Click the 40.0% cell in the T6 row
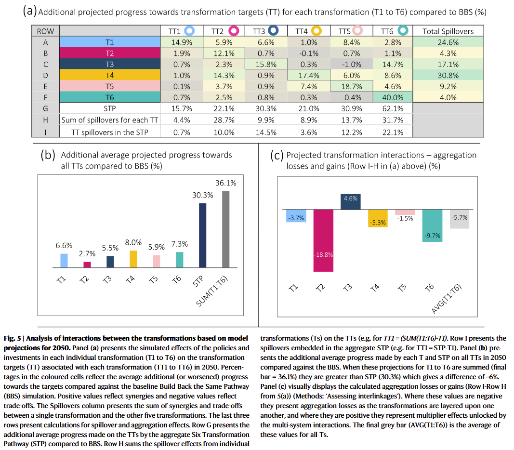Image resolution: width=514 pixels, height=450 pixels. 393,97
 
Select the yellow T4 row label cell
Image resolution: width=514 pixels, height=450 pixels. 110,75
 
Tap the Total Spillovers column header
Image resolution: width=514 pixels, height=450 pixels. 448,31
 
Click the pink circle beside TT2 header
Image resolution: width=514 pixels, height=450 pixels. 234,31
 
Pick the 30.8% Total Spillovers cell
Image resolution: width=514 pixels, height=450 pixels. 448,75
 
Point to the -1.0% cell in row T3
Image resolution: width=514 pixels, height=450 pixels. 351,64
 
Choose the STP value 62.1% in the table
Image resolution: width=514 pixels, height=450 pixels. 393,108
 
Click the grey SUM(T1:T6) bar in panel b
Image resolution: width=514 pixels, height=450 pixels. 226,229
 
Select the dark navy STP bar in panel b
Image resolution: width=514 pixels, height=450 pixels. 203,236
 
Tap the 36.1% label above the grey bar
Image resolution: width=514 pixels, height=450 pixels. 225,183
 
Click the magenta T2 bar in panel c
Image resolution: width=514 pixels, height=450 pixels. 323,241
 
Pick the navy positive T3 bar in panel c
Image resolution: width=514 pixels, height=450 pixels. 350,202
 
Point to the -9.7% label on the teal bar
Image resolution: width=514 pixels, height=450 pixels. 433,236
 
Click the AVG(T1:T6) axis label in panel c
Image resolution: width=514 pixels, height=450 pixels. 446,299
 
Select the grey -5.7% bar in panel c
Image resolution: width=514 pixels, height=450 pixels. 459,219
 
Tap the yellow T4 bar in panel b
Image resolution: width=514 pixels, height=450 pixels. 133,259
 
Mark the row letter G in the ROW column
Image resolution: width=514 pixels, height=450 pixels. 45,108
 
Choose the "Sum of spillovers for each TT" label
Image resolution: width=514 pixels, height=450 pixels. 110,120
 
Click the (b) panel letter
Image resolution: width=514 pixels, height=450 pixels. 48,155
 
